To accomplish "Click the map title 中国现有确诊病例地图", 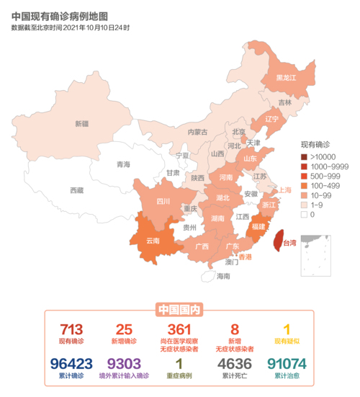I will point(60,15).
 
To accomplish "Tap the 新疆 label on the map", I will point(81,124).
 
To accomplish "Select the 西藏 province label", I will point(76,190).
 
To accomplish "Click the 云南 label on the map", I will point(153,241).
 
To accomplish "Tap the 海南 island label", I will point(224,276).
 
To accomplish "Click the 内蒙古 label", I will point(197,132).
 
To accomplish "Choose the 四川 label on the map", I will point(163,202).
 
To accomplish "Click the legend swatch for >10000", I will point(304,157).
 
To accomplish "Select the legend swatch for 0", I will point(304,213).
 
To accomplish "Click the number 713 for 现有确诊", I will point(72,329).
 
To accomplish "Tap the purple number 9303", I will point(123,363).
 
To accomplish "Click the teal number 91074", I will point(286,363).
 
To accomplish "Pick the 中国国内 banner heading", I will point(179,310).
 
